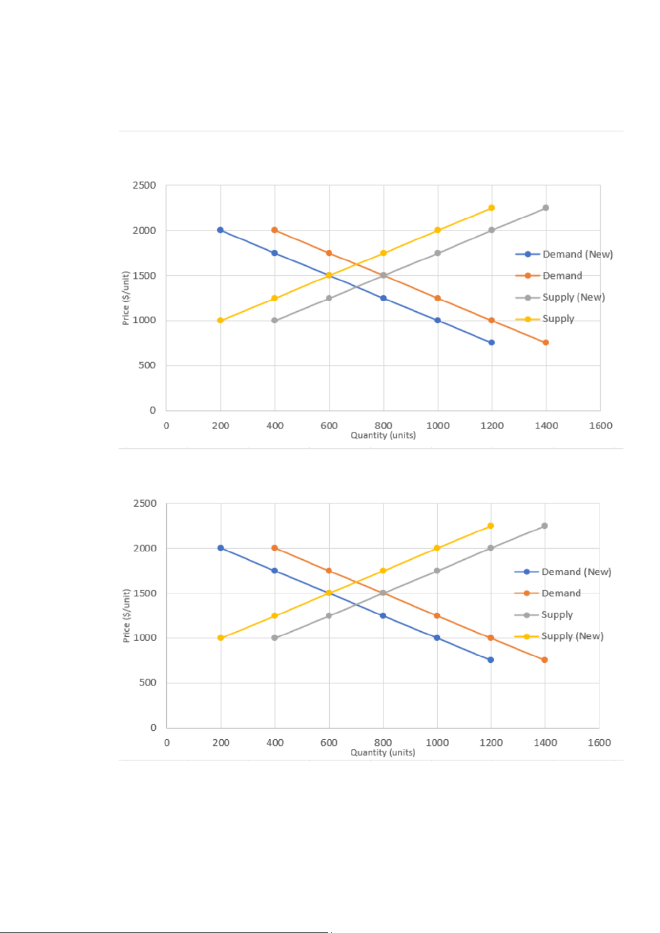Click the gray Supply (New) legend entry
click(573, 297)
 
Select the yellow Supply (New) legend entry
click(572, 636)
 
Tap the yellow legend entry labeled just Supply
click(557, 319)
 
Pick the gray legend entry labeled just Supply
click(556, 615)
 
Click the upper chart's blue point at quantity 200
click(221, 230)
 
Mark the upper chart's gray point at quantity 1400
click(546, 208)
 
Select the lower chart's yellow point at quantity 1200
click(490, 526)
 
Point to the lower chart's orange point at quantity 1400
click(545, 660)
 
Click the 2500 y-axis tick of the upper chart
click(144, 185)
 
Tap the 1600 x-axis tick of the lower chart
click(599, 743)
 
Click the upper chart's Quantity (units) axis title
click(383, 435)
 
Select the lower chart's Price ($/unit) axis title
click(126, 615)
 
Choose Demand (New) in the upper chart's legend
click(577, 254)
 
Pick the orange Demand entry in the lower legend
click(561, 593)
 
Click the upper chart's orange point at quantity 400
click(274, 230)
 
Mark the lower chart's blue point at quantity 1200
click(490, 660)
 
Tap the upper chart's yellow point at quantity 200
click(221, 320)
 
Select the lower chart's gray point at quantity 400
click(274, 638)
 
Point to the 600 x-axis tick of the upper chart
click(329, 426)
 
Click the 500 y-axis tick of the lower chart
click(147, 683)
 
